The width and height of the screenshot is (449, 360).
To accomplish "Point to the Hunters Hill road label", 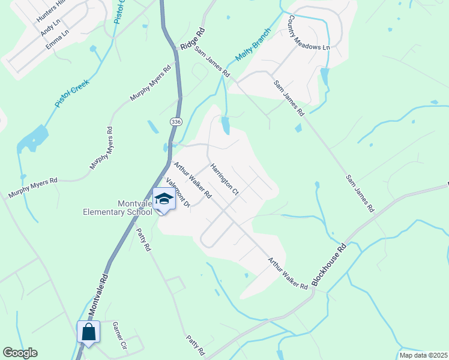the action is [x=51, y=11].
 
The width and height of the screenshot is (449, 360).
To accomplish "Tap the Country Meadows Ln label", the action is [x=310, y=33].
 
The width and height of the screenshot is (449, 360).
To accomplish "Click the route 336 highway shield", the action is [x=176, y=122].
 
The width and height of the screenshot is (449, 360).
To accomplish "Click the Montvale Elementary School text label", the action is [x=118, y=206].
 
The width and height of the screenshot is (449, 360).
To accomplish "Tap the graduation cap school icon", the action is [x=163, y=199].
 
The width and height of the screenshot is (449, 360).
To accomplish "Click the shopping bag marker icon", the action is [x=88, y=332].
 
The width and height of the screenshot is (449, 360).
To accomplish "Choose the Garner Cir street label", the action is [x=120, y=335].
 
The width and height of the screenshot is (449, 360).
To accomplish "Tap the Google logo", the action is [x=19, y=353].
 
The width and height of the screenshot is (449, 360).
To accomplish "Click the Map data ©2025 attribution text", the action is [x=423, y=355].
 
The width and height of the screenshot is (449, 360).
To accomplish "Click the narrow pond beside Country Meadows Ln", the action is [x=325, y=77].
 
